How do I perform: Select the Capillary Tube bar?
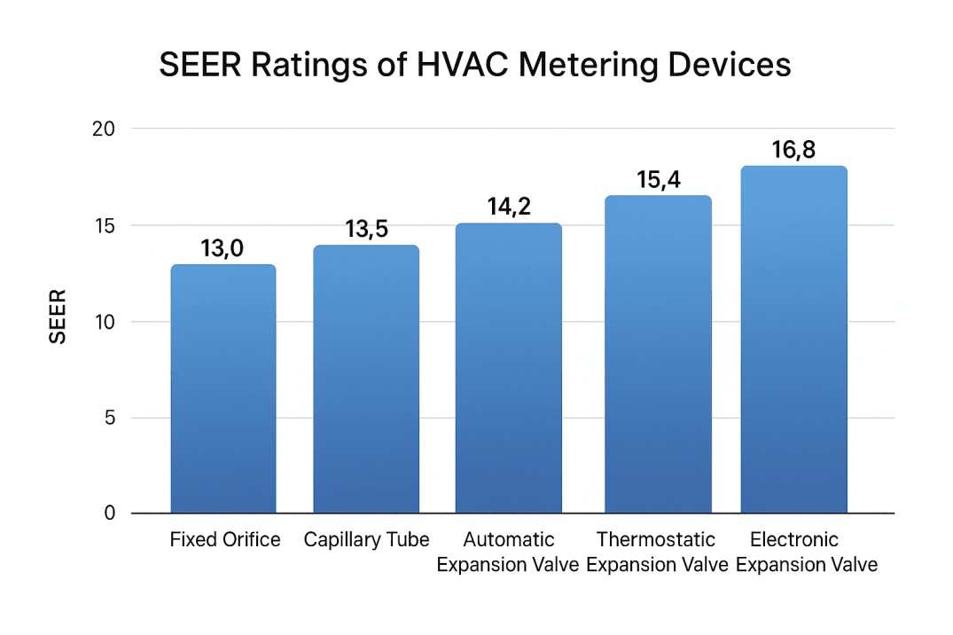[365, 380]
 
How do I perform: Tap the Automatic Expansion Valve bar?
[508, 368]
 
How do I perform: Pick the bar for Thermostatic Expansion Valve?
[658, 355]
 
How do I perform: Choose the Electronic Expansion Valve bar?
[793, 340]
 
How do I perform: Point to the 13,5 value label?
[366, 230]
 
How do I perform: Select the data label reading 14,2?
[508, 207]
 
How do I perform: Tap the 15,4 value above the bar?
[658, 179]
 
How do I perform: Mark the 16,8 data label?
[793, 150]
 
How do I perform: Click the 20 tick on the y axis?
[105, 129]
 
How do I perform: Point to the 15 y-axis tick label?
[105, 225]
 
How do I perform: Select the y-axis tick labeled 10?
[105, 322]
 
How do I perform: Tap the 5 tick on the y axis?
[110, 418]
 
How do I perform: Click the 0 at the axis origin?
[110, 513]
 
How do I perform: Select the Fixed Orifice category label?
[225, 540]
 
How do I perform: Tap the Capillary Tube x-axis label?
[366, 540]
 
